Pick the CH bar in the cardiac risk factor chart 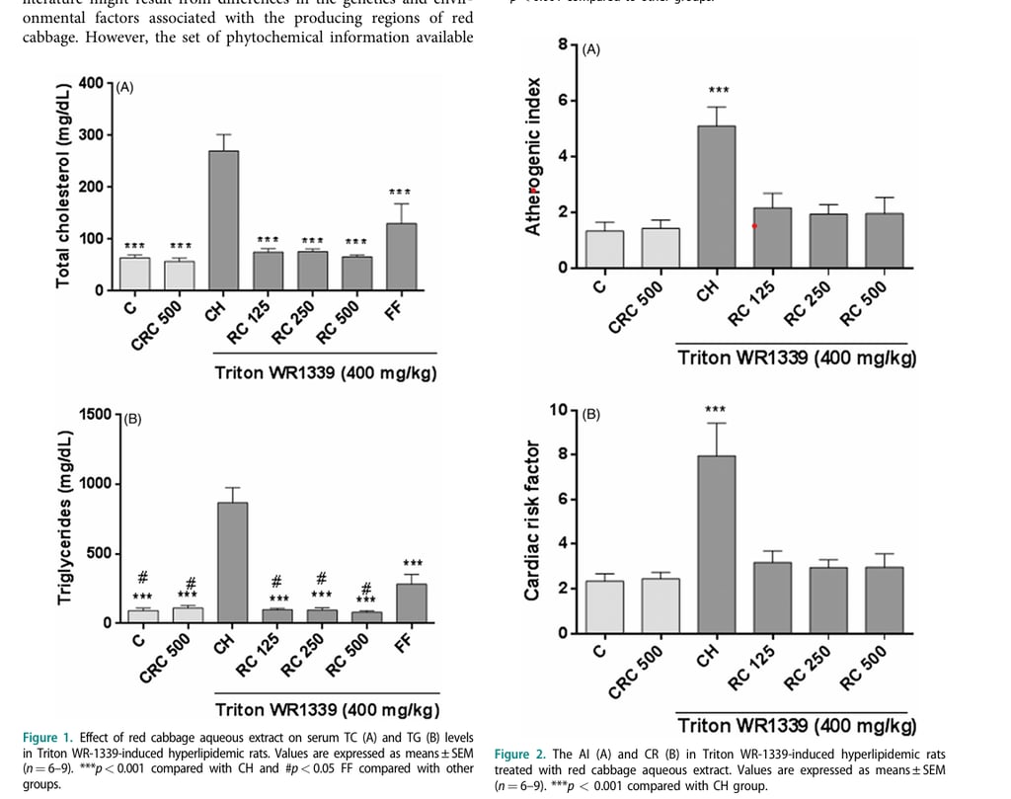click(x=716, y=543)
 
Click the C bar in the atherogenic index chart click(x=604, y=249)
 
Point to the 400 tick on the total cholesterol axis click(x=91, y=82)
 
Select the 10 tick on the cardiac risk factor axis click(x=558, y=410)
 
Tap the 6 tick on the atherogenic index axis click(x=562, y=101)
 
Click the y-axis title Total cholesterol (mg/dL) click(x=63, y=187)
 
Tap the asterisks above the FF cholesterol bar click(x=400, y=192)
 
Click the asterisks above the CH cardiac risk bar click(x=716, y=410)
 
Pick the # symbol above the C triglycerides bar click(x=142, y=577)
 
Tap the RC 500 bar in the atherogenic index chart click(x=884, y=240)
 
